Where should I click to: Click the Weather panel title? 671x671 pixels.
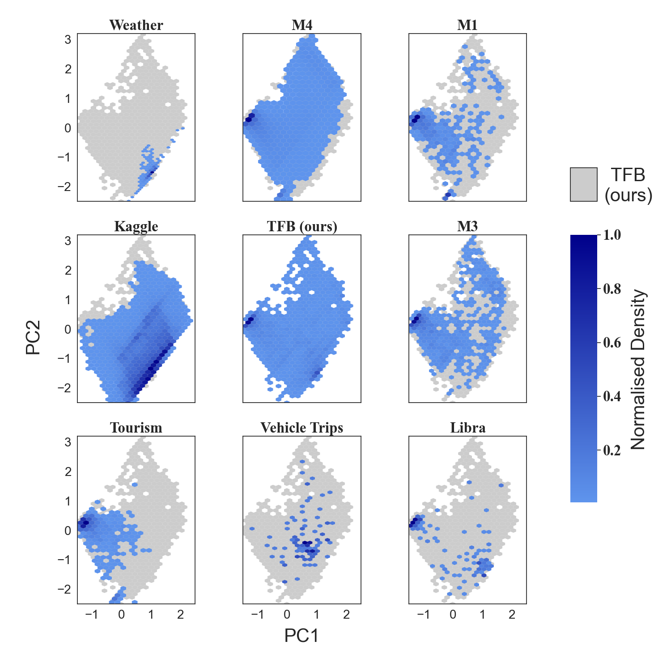pos(136,25)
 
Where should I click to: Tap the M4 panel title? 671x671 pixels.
pos(302,25)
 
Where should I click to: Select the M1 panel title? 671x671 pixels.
pos(467,25)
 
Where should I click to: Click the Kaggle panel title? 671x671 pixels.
pos(136,226)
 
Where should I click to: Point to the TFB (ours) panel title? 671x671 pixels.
pos(302,226)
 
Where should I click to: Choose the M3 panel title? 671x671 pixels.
pos(467,226)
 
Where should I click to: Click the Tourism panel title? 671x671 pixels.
pos(136,428)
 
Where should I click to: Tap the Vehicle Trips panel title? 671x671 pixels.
pos(302,428)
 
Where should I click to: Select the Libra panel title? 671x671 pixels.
pos(467,428)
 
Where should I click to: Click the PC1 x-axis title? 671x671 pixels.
pos(302,636)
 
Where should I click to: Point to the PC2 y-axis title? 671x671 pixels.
pos(33,337)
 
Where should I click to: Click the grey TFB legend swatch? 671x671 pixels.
pos(583,184)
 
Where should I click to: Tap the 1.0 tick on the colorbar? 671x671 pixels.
pos(612,235)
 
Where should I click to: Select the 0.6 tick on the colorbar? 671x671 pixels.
pos(612,343)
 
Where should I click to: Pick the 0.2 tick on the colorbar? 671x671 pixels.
pos(612,450)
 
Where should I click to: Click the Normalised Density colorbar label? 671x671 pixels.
pos(638,369)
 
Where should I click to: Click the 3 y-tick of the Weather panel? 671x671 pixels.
pos(68,40)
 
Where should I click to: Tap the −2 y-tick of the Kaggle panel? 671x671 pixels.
pos(65,388)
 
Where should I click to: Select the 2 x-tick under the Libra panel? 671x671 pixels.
pos(512,615)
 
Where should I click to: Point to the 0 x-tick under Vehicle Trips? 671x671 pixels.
pos(287,615)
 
